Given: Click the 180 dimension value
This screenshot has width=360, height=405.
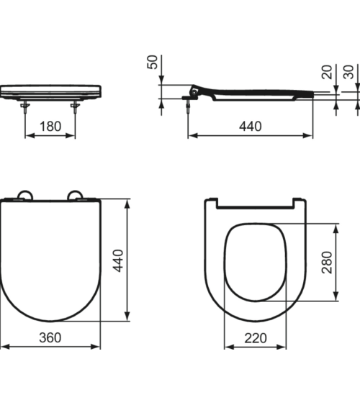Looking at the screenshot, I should tap(50, 127).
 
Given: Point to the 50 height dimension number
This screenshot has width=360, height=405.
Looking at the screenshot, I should tap(152, 63).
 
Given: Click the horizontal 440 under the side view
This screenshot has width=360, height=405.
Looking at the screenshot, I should tap(249, 127).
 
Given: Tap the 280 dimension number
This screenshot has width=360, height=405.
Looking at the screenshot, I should tap(326, 262).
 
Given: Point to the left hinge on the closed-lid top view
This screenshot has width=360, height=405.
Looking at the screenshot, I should tap(24, 194).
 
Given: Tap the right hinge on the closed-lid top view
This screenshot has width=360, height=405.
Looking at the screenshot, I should tap(75, 194).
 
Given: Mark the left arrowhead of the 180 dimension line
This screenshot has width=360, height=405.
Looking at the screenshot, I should tap(27, 135).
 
